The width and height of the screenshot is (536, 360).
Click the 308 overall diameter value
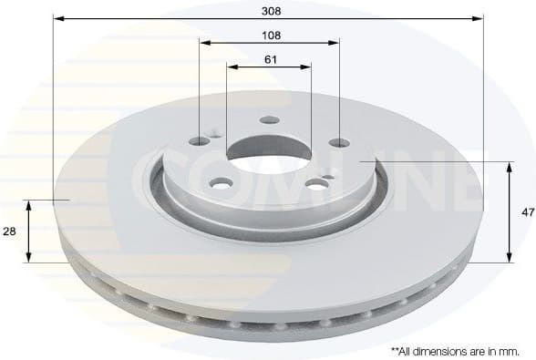pyautogui.click(x=269, y=11)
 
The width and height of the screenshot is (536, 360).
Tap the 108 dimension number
pyautogui.click(x=270, y=35)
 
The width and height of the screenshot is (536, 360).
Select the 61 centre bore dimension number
pyautogui.click(x=270, y=59)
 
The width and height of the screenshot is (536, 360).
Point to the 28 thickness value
pyautogui.click(x=10, y=232)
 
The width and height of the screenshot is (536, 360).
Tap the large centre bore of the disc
pyautogui.click(x=270, y=150)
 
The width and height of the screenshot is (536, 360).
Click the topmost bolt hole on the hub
pyautogui.click(x=270, y=119)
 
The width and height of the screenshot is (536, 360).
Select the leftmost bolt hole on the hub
pyautogui.click(x=200, y=141)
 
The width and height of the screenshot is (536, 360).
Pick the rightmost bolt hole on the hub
pyautogui.click(x=339, y=142)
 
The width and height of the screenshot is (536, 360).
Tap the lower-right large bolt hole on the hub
pyautogui.click(x=316, y=183)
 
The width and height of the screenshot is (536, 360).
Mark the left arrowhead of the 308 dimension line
pyautogui.click(x=57, y=17)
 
